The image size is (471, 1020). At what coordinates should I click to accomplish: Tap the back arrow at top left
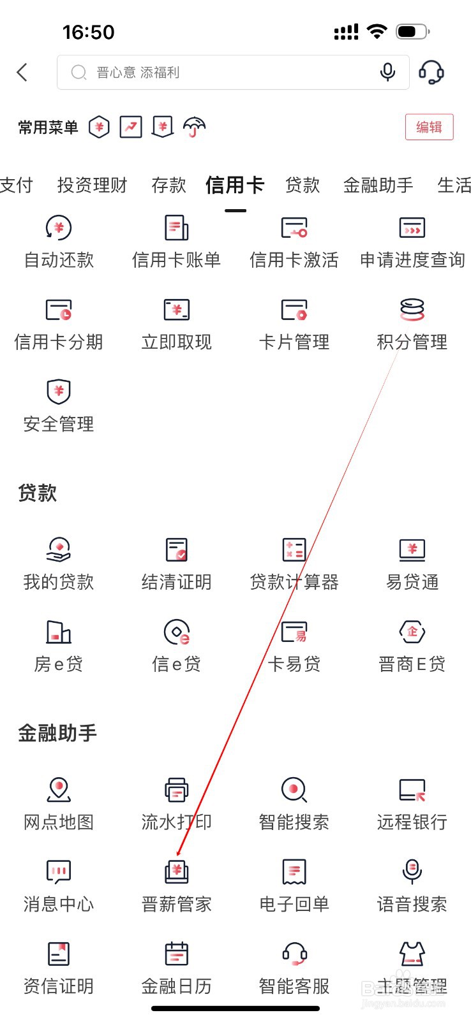[22, 72]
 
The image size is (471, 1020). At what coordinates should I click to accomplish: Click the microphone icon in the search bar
[387, 72]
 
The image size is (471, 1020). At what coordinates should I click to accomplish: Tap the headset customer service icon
[431, 72]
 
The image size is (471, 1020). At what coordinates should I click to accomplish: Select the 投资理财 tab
[92, 186]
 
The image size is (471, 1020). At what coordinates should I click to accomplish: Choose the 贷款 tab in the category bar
[303, 186]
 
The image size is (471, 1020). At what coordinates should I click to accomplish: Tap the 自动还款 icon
[59, 228]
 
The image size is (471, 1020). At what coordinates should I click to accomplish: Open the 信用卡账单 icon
[176, 228]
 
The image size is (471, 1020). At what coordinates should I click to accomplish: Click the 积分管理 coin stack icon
[412, 310]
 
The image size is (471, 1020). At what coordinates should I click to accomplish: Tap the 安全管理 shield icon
[59, 391]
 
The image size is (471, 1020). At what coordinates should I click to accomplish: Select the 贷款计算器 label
[294, 582]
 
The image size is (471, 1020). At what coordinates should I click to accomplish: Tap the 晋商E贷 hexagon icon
[412, 632]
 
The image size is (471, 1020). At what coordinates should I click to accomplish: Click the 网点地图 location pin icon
[59, 790]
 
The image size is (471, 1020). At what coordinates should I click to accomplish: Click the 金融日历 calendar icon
[176, 954]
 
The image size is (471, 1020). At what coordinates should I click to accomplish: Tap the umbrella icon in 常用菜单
[194, 127]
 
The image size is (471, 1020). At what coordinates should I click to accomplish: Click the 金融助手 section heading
[57, 733]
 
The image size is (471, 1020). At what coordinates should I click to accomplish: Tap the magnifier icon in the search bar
[79, 72]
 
